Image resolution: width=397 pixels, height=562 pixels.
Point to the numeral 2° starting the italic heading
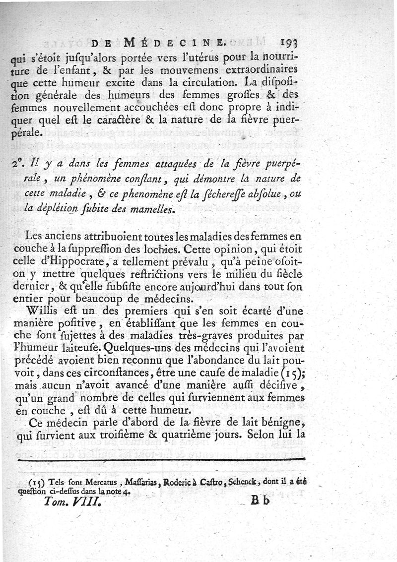tap(30, 164)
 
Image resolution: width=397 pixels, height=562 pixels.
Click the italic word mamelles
tap(154, 208)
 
